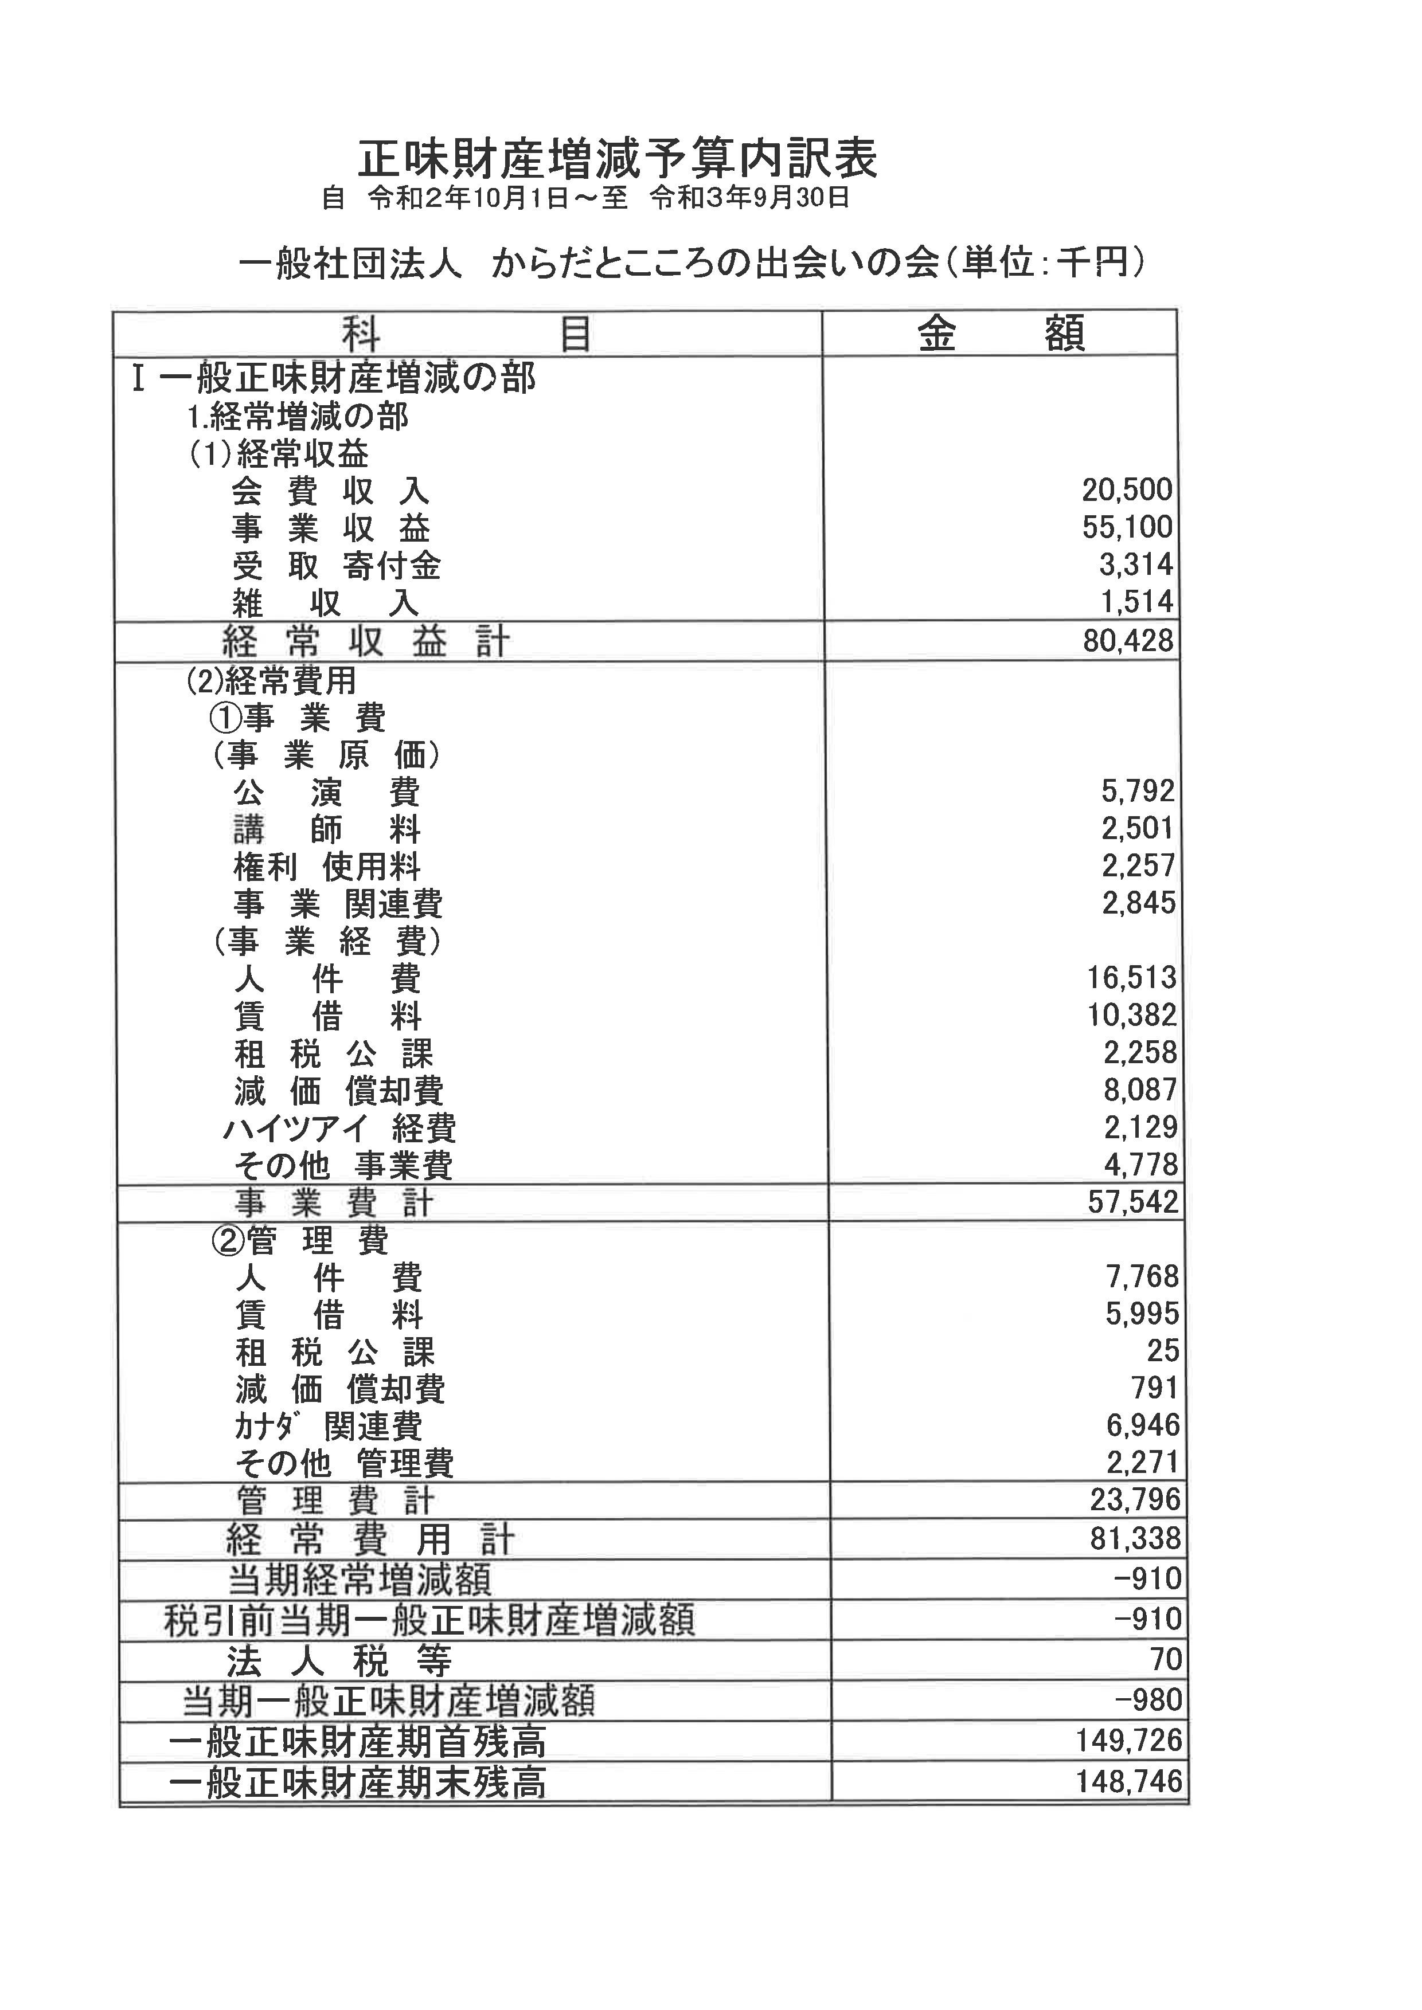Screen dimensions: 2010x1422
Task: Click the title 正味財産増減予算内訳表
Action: coord(618,160)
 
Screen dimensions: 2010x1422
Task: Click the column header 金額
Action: coord(1001,334)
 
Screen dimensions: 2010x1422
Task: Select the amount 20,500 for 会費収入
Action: coord(1126,490)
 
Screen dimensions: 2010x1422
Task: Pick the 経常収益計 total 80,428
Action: coord(1127,641)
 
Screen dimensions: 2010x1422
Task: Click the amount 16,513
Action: coord(1131,978)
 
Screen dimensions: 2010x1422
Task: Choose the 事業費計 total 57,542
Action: coord(1132,1202)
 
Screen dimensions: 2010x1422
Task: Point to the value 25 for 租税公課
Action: coord(1162,1351)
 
